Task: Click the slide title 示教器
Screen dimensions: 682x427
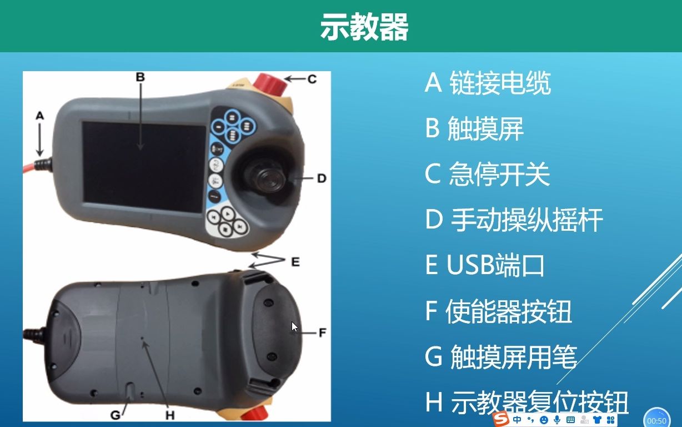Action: click(364, 27)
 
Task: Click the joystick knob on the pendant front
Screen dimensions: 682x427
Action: click(268, 178)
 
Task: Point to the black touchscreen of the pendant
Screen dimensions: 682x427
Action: click(143, 167)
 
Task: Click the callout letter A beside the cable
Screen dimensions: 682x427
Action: click(40, 116)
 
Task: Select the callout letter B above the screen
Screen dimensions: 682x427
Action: click(141, 77)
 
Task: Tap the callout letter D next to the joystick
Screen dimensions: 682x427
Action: click(322, 178)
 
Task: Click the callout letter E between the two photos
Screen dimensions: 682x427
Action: click(295, 262)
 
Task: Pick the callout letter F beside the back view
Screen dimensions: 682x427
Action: click(323, 332)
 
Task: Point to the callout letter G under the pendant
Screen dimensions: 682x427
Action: click(116, 415)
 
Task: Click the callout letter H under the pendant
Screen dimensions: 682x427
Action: click(170, 415)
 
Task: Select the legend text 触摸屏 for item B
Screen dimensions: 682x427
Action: click(485, 128)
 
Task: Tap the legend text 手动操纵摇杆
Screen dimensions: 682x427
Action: click(526, 220)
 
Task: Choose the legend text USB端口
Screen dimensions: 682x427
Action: click(495, 265)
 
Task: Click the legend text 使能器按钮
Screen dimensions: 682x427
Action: click(509, 311)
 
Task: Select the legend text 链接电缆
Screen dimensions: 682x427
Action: click(500, 83)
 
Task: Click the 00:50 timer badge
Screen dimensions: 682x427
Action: click(656, 420)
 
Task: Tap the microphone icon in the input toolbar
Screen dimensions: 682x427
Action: click(557, 420)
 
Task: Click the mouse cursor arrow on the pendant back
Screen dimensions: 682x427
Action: click(294, 327)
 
